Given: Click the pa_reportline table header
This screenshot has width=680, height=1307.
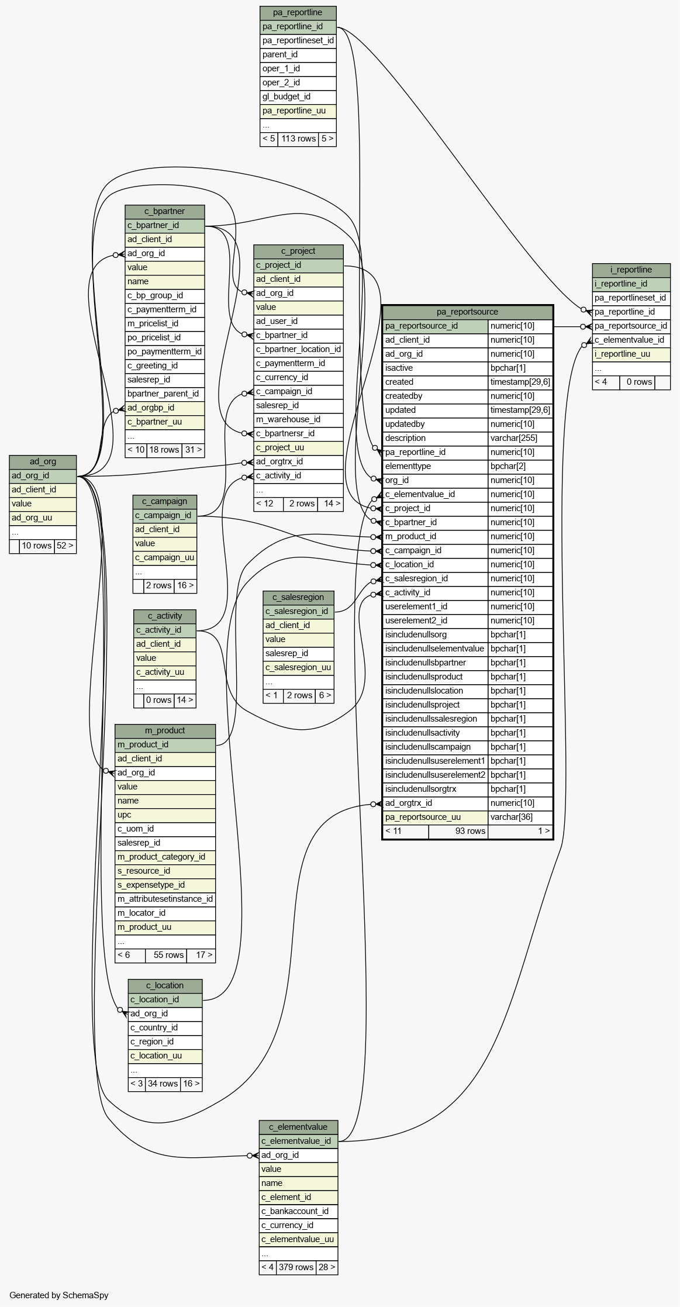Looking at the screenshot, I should (x=298, y=12).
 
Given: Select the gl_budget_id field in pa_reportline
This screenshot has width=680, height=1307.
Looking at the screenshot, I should (x=298, y=96).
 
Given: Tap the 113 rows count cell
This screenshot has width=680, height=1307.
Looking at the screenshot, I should (x=298, y=139).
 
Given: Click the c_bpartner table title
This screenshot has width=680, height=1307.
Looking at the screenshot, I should (x=164, y=211).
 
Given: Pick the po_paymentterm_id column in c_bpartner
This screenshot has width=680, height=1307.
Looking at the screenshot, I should (x=164, y=351).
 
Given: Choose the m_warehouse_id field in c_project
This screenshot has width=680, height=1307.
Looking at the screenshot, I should (x=298, y=419).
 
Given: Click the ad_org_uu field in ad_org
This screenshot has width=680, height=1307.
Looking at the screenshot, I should (x=43, y=518).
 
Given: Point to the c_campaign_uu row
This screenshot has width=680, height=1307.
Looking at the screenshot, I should (x=164, y=557).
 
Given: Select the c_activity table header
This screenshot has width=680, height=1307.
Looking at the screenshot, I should (x=164, y=616).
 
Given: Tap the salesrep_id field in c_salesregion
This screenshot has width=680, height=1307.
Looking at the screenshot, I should (x=298, y=653).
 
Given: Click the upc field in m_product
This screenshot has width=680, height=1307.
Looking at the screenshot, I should (x=164, y=815).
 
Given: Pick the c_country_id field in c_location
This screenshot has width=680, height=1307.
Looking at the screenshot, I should (x=164, y=1027).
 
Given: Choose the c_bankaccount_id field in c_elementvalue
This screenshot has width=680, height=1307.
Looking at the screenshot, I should (x=298, y=1211).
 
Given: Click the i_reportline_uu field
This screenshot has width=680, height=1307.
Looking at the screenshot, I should (x=630, y=354).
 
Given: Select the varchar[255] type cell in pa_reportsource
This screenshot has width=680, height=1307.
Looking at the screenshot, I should (x=520, y=438).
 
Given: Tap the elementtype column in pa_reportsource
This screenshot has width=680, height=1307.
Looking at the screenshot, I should (x=435, y=466).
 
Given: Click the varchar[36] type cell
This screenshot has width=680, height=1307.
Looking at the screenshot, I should (x=520, y=817).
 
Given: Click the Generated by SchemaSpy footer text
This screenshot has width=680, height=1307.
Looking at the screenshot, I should (x=59, y=1295).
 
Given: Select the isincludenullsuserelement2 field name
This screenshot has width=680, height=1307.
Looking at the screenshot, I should (x=435, y=775).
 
